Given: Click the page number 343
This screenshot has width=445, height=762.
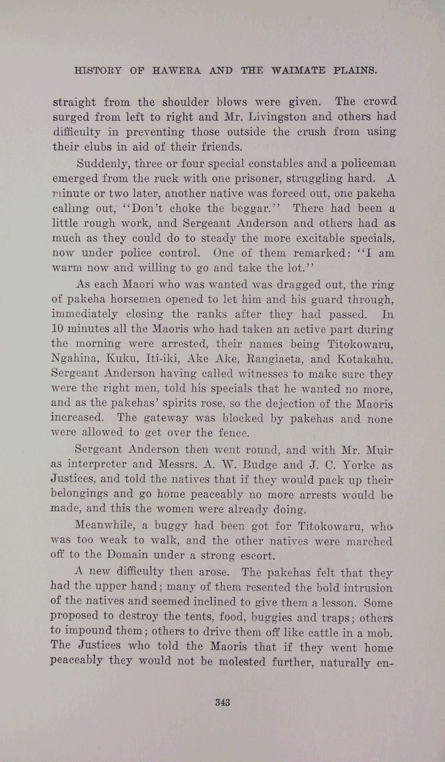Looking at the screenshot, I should [222, 703].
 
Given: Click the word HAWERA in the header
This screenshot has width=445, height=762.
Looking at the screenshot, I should [176, 71].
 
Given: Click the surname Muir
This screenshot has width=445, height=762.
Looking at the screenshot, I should [381, 450].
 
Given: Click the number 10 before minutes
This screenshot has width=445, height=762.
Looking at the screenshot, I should [58, 329].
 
